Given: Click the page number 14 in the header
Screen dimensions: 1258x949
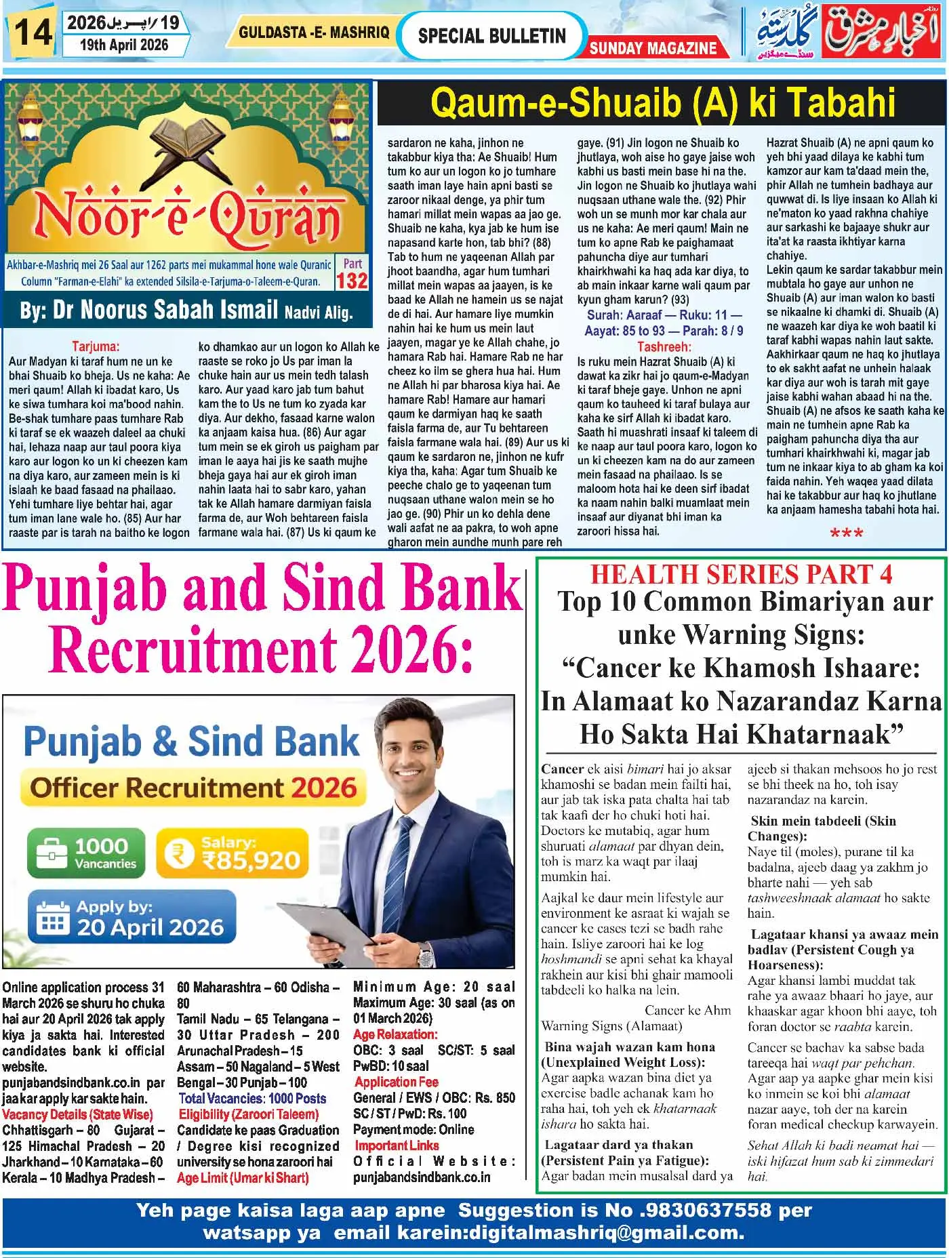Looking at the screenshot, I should [33, 32].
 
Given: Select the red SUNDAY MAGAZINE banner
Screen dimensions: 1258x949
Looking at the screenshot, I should [653, 47].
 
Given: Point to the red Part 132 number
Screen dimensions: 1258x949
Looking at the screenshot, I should [352, 280].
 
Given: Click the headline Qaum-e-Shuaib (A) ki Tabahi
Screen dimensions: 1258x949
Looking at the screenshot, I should [662, 103].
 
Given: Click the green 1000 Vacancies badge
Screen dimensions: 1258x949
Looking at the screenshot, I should [86, 853].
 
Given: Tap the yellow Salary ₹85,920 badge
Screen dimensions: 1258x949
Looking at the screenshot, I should [228, 853].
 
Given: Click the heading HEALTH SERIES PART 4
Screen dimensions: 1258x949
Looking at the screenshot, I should [741, 574].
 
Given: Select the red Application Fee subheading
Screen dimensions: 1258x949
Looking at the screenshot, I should [396, 1082].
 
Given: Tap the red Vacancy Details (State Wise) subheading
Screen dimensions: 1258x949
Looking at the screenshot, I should [77, 1115].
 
